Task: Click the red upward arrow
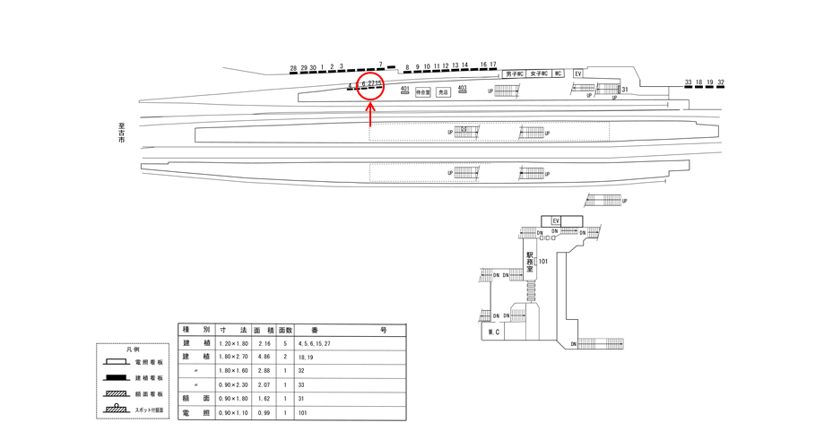point(371,114)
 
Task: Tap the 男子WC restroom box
point(514,73)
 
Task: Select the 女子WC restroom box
point(538,73)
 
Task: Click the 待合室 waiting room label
point(423,91)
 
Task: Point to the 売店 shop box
point(443,91)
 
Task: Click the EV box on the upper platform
point(578,73)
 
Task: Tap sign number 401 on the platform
point(405,88)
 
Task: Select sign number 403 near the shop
point(463,87)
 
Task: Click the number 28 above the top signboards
point(293,67)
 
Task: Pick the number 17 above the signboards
point(493,65)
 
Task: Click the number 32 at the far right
point(721,82)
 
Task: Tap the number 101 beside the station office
point(543,262)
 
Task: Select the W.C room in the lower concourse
point(492,332)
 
